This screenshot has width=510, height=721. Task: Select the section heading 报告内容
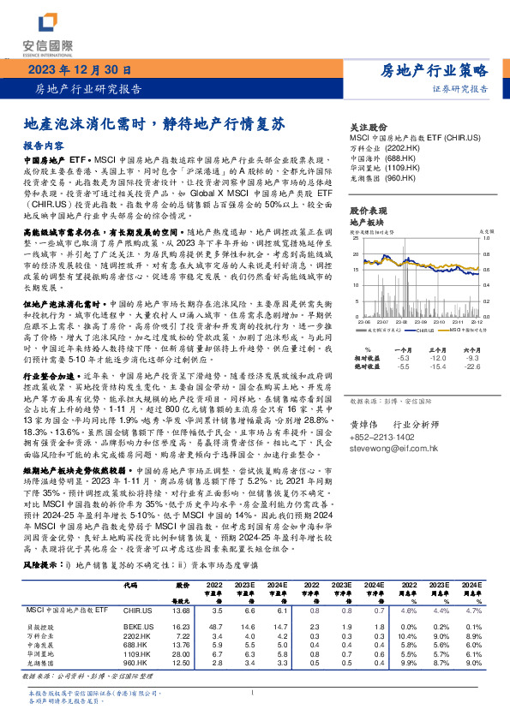(43, 146)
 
